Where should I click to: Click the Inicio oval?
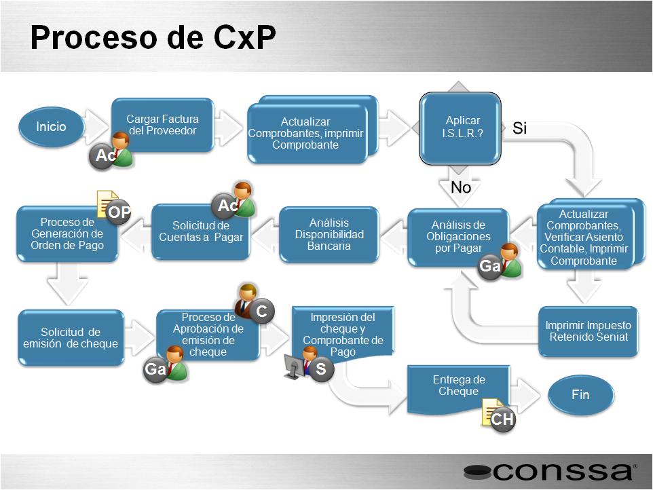[51, 126]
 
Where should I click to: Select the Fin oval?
[580, 395]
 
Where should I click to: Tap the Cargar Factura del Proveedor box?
[162, 125]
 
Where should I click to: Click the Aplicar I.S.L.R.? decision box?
[460, 128]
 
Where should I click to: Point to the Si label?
[519, 128]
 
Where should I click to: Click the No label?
[461, 187]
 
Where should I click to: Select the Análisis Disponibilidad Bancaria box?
[329, 234]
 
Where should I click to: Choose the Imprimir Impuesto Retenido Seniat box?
[588, 331]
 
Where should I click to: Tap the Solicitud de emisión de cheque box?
[71, 337]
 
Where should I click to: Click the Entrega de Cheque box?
[458, 389]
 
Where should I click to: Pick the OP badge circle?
[119, 212]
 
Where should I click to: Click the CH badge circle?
[502, 419]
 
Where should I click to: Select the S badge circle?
[321, 369]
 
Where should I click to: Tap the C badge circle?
[261, 311]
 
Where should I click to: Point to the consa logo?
[550, 472]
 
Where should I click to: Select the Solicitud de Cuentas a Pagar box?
[201, 232]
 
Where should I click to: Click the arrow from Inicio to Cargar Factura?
[96, 126]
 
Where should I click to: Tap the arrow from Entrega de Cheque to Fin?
[525, 395]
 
